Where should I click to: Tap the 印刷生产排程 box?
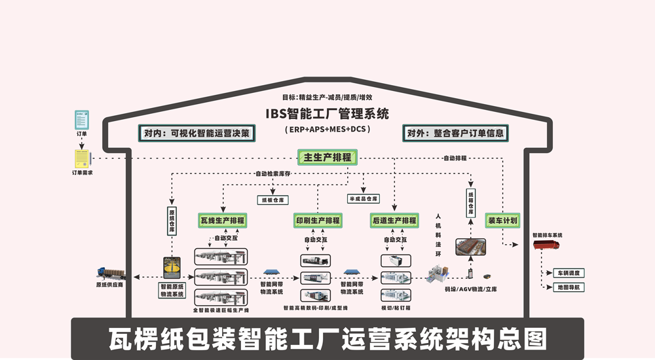(317, 221)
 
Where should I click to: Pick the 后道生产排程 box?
(394, 221)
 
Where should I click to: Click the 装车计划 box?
(502, 221)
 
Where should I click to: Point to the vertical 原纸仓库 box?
(172, 221)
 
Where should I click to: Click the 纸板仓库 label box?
(274, 200)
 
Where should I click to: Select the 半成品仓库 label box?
(363, 198)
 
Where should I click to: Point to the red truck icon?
(548, 246)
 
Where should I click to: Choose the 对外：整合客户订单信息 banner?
(455, 134)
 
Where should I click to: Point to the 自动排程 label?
(455, 158)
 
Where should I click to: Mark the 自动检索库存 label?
(272, 174)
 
